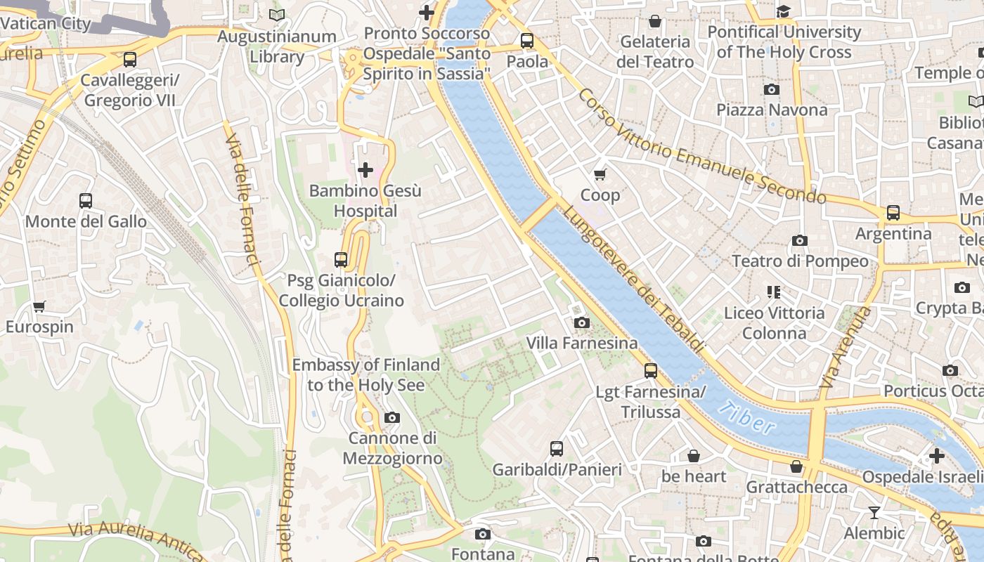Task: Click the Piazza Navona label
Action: [772, 110]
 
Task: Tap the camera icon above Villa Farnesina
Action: [582, 322]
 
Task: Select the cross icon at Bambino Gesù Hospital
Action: [365, 169]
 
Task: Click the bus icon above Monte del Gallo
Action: [86, 201]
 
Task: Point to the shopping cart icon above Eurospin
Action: [39, 306]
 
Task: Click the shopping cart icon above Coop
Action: [600, 174]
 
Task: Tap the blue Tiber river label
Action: [748, 418]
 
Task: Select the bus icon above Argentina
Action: [893, 212]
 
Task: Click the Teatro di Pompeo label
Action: [800, 261]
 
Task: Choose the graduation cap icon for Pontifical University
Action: [783, 11]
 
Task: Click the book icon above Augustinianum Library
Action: [277, 15]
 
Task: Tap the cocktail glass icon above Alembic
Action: [874, 513]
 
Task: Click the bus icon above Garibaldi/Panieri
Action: [557, 448]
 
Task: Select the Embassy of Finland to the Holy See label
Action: [365, 375]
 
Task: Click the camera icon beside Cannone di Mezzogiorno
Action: [392, 418]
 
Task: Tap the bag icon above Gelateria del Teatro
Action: [655, 21]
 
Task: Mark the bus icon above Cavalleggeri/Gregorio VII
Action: [130, 60]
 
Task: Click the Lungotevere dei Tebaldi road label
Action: [633, 279]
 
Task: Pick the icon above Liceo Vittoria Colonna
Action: [774, 292]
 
